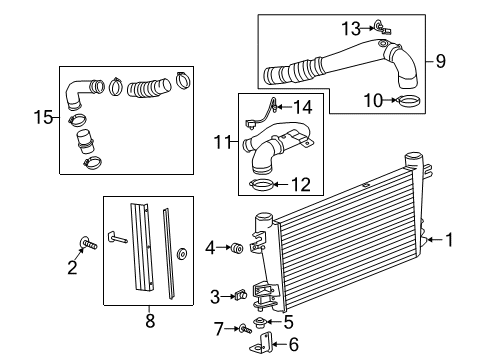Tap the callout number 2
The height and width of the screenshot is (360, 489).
72,268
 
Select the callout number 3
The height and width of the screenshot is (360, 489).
214,295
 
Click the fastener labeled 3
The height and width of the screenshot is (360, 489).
240,295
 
